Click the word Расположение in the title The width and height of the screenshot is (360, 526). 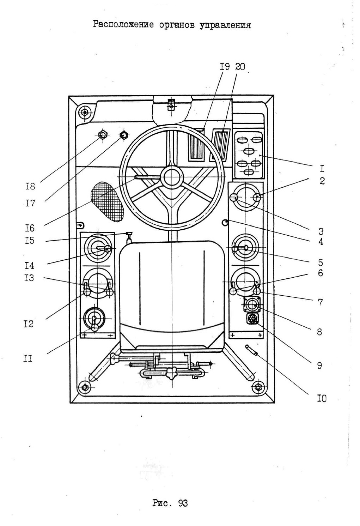point(123,25)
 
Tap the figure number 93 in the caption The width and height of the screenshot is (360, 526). point(183,503)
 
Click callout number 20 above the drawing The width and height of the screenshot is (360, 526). point(240,67)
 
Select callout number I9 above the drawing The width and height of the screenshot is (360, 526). point(225,67)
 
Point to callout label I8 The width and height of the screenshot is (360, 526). point(30,187)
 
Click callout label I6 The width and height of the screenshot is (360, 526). point(30,228)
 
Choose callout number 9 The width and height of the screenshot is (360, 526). point(320,365)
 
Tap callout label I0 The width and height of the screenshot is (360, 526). point(322,399)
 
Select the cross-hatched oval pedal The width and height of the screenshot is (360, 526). point(107,202)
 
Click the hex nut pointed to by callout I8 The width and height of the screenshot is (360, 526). point(103,135)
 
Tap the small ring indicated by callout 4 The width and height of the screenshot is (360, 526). point(225,222)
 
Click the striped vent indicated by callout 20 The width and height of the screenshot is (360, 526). point(220,145)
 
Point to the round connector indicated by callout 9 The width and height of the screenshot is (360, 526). point(252,319)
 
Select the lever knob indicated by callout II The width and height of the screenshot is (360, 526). point(94,328)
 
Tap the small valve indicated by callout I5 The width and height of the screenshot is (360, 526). point(129,237)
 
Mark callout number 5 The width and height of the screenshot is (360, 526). point(321,263)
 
